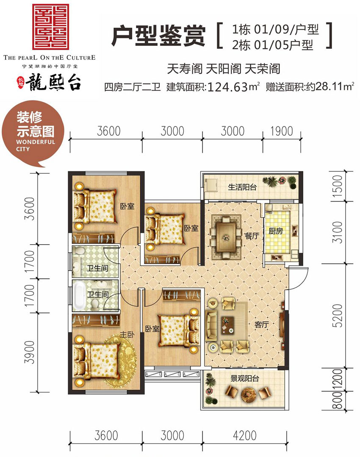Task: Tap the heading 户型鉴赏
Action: point(158,36)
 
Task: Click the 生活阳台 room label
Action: point(242,187)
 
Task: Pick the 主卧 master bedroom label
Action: point(127,334)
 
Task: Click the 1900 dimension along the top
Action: point(281,131)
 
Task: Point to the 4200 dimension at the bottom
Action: point(245,435)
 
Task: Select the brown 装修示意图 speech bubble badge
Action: point(35,135)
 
